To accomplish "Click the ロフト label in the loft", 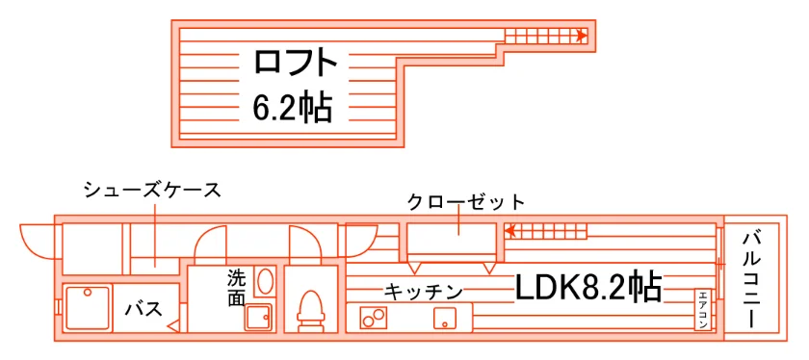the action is (x=295, y=62).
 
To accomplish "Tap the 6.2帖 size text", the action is (x=292, y=107).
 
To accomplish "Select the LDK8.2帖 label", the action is (x=588, y=287).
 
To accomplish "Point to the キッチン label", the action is (x=423, y=293).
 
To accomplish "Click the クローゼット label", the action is (x=466, y=202).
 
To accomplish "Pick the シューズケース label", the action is (x=153, y=191).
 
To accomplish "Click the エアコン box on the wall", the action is (x=704, y=308).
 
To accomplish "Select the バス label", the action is (x=144, y=309).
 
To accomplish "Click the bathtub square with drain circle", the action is (x=88, y=309).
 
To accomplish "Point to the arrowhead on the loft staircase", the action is (x=582, y=36).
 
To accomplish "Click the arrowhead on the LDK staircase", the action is (x=509, y=231).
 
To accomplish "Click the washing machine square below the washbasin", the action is (x=258, y=318).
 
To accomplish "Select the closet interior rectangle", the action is (x=451, y=239).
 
